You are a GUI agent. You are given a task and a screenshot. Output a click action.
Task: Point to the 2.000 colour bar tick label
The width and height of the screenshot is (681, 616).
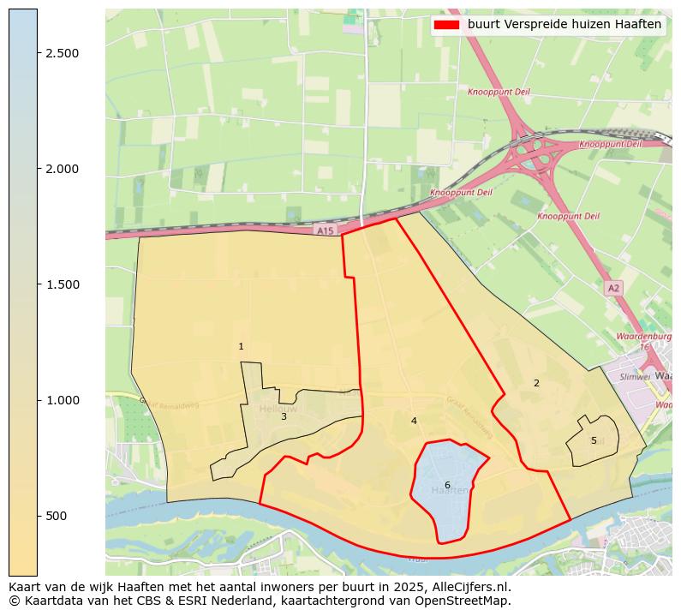(x=61, y=169)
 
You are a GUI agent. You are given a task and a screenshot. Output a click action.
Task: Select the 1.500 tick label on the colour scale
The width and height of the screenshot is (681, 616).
(x=61, y=284)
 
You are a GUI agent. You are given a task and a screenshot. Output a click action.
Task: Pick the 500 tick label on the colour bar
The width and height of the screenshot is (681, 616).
(x=57, y=516)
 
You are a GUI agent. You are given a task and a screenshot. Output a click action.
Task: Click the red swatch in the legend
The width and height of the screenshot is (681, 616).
(x=447, y=24)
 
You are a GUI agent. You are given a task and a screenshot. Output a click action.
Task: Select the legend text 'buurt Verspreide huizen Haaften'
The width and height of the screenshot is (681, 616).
(x=565, y=24)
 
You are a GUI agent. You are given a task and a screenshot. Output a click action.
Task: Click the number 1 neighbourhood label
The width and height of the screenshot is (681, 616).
(x=241, y=347)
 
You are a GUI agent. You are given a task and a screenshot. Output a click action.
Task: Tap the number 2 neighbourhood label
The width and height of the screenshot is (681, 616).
(x=536, y=383)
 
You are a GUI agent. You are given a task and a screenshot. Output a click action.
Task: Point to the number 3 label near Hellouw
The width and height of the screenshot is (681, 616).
(x=284, y=416)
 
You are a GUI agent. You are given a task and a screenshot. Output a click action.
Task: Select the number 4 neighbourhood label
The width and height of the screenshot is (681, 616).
(x=414, y=421)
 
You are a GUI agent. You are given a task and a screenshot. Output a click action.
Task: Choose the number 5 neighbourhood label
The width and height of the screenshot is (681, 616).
(x=594, y=440)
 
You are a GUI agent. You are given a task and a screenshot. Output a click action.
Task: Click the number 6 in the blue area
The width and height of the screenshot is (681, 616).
(x=447, y=485)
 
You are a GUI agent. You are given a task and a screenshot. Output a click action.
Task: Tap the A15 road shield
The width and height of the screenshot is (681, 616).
(x=324, y=230)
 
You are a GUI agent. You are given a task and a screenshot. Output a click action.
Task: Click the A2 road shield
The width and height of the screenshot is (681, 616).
(x=613, y=288)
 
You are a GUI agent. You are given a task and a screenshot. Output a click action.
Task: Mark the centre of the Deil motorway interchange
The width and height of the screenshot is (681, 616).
(x=541, y=153)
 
